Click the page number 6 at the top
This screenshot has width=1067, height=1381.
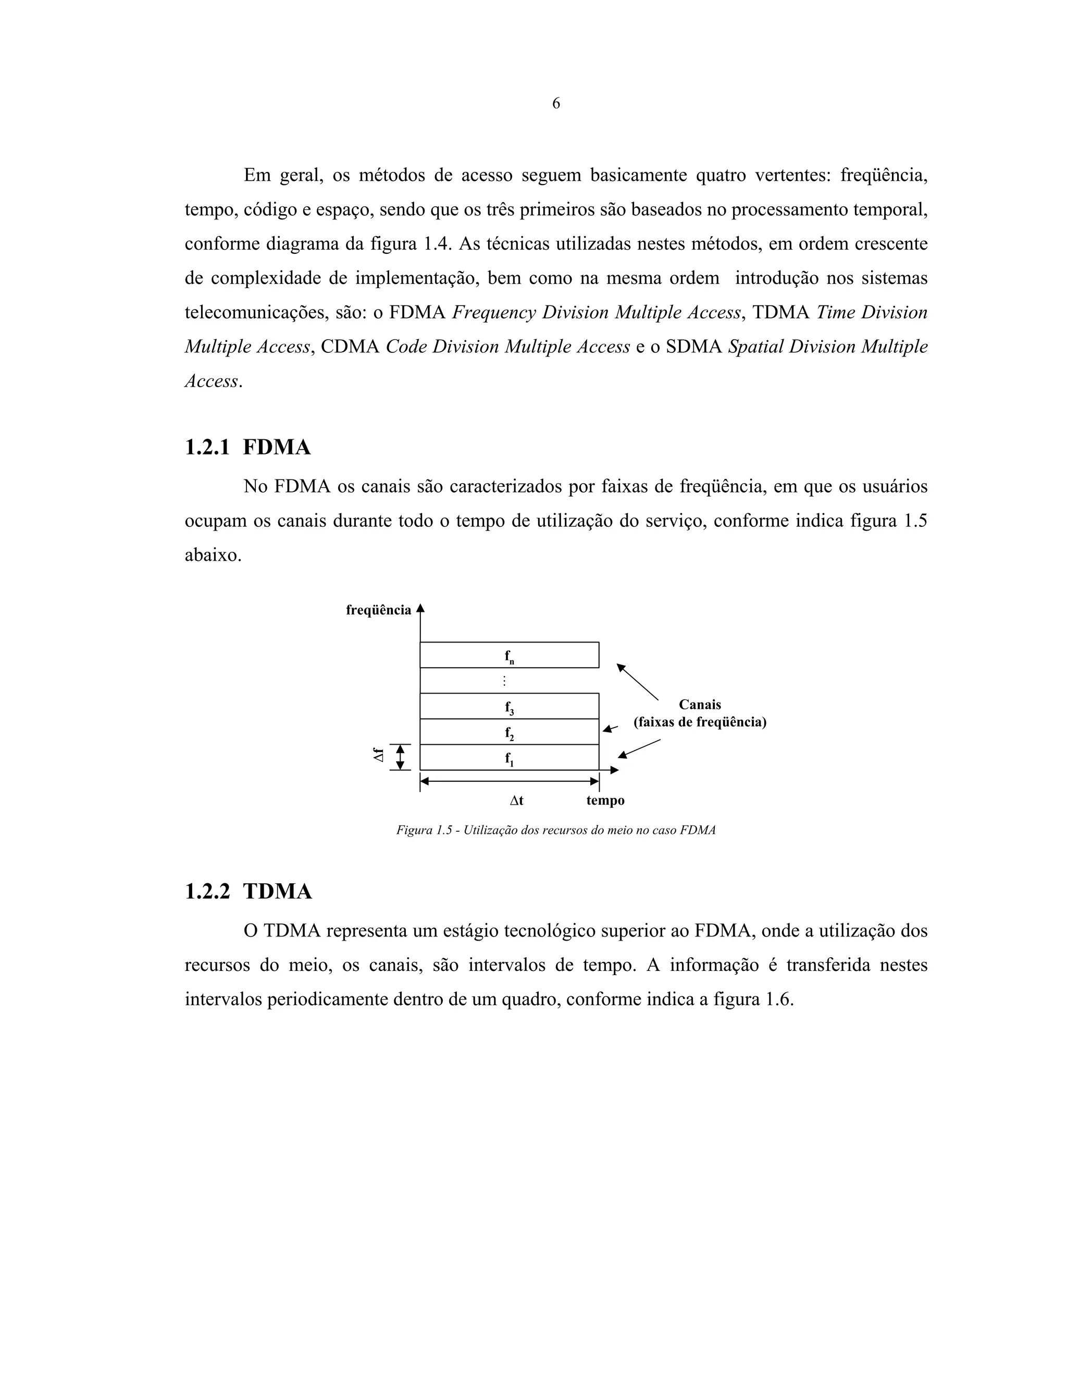(x=555, y=103)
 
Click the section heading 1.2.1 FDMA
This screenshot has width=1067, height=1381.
(x=248, y=447)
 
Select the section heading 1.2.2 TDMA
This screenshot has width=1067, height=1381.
(x=249, y=892)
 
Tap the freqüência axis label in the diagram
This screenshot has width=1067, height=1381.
(x=378, y=610)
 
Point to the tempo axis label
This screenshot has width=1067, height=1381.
(x=605, y=800)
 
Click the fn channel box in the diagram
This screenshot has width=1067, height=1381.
(x=509, y=656)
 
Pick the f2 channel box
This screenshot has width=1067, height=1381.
(x=509, y=732)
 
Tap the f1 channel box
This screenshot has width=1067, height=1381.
(x=509, y=758)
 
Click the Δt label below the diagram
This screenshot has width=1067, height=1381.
(x=516, y=800)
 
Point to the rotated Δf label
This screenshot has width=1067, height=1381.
(x=379, y=756)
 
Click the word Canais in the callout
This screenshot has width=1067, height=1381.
(x=700, y=705)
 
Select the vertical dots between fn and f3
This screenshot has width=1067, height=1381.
(x=504, y=681)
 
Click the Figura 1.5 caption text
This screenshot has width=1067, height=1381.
(x=555, y=830)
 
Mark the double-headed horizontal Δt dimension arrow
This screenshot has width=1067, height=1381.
(x=509, y=782)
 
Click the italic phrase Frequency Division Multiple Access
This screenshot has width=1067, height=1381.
(x=596, y=312)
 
